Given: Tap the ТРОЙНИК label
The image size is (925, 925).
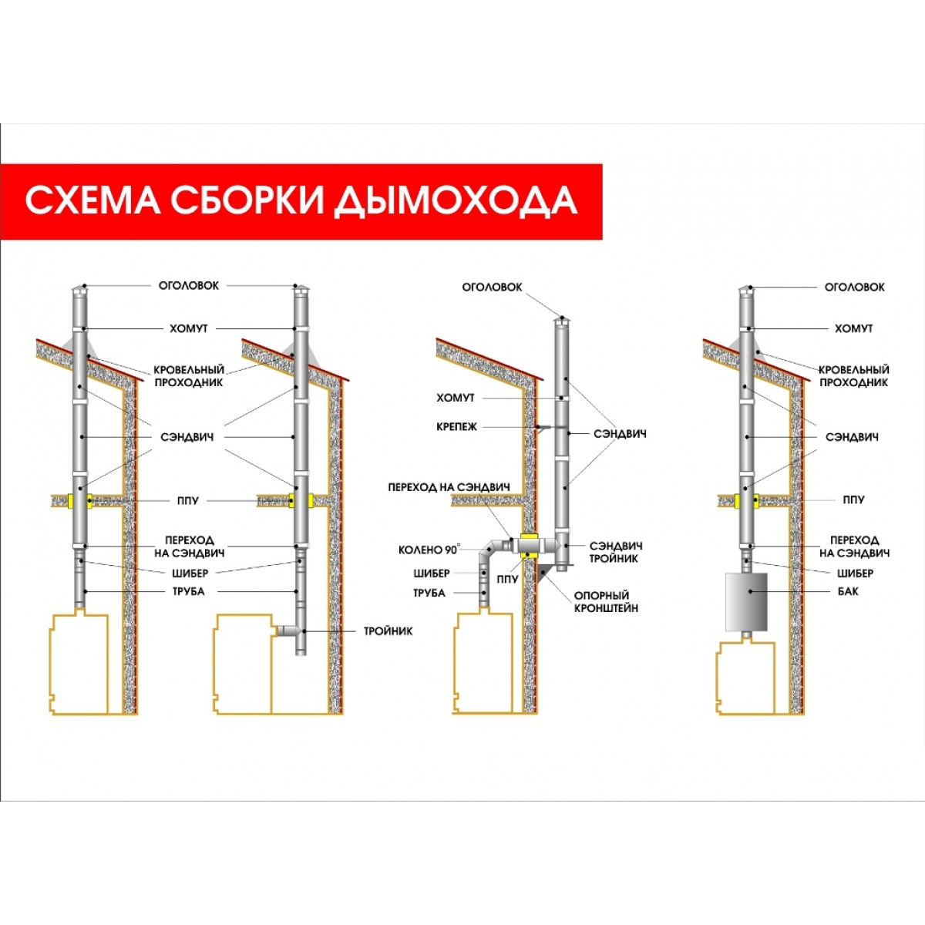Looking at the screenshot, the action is (x=388, y=631).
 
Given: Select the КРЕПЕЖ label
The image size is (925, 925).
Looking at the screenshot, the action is (x=456, y=427).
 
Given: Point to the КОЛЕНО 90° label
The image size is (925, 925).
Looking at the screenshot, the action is (x=429, y=550).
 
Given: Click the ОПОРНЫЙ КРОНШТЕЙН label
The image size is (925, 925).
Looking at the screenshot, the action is (x=606, y=601).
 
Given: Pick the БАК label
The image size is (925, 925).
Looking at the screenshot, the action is (x=848, y=591).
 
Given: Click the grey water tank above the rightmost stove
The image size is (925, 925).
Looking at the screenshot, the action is (x=746, y=601).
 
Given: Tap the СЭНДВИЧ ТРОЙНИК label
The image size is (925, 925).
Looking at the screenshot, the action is (x=615, y=552).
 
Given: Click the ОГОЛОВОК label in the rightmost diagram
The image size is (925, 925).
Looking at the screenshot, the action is (x=854, y=287).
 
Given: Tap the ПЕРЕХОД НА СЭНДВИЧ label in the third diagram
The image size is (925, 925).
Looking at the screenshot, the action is (x=449, y=487).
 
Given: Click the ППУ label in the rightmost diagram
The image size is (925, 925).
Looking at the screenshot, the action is (x=853, y=499).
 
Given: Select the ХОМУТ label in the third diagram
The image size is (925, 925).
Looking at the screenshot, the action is (x=455, y=398).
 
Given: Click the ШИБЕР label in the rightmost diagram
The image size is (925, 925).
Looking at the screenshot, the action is (x=855, y=573).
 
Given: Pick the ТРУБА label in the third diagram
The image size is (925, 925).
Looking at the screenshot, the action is (x=429, y=593).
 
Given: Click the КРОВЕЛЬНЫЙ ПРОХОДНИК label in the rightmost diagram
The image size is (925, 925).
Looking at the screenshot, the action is (x=854, y=376).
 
